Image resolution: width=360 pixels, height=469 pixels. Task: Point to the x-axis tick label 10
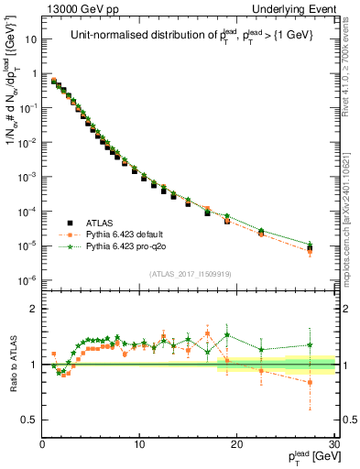pos(139,445)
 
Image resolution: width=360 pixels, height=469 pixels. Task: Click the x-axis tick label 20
pos(236,445)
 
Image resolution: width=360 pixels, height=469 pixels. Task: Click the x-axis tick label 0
pos(43,445)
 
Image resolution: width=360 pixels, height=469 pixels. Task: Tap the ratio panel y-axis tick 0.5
pos(30,420)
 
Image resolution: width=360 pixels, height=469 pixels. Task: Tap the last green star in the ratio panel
pos(311,345)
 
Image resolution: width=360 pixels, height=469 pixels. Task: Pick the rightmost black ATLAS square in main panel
pos(311,248)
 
